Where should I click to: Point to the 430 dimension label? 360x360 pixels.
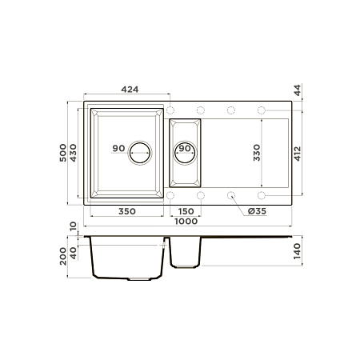click(74, 152)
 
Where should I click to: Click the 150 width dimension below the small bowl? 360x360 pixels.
click(185, 213)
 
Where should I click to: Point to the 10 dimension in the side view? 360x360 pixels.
click(73, 227)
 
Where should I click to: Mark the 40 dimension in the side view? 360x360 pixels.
click(74, 253)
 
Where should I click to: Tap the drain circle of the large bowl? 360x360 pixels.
click(141, 150)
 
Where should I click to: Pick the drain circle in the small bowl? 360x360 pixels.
click(185, 149)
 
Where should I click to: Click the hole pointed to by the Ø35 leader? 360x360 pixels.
click(231, 195)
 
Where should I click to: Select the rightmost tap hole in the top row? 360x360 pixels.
click(262, 109)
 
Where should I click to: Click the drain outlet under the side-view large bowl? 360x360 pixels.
click(140, 280)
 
